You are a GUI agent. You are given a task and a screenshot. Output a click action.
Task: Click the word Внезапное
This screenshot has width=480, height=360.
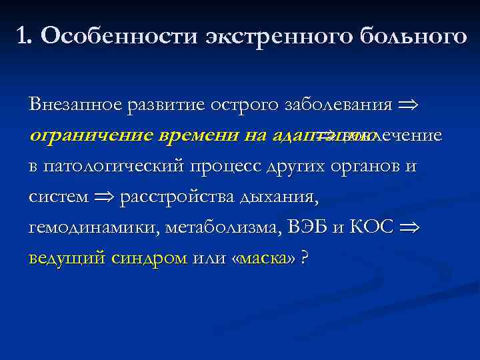coord(74,105)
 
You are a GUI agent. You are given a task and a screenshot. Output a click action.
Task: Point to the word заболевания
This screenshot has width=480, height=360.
coord(338,105)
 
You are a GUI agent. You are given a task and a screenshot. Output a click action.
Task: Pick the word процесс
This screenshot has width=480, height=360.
coord(223,166)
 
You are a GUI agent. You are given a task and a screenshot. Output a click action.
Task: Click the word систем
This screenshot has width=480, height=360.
coord(57,197)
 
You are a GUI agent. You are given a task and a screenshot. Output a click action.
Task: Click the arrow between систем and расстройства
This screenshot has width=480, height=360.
coord(103,197)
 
